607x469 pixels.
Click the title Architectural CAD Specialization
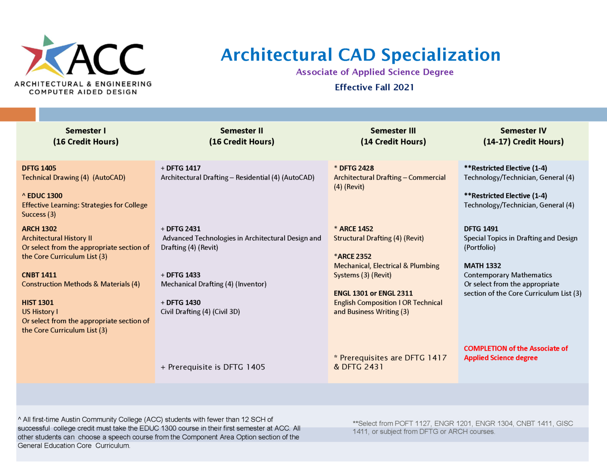(x=360, y=55)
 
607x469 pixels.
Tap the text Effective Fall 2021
(x=374, y=87)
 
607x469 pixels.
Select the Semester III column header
(x=393, y=136)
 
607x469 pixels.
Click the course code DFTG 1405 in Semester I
(x=39, y=168)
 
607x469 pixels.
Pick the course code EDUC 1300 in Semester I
(x=45, y=196)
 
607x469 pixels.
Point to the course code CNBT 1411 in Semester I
(x=39, y=275)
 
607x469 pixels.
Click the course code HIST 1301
(x=38, y=303)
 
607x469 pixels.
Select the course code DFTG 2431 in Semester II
(x=183, y=229)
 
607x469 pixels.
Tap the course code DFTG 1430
(x=183, y=303)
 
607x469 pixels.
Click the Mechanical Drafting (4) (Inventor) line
(x=214, y=284)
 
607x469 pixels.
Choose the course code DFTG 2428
(x=356, y=168)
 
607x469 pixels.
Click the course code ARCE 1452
(x=356, y=229)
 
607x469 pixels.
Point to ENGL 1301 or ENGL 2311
(x=373, y=293)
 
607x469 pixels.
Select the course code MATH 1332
(x=482, y=266)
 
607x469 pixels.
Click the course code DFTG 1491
(x=481, y=229)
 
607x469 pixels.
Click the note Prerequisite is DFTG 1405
(x=213, y=367)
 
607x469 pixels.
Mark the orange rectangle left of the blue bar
(x=18, y=115)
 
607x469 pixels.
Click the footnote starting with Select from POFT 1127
(x=463, y=427)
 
